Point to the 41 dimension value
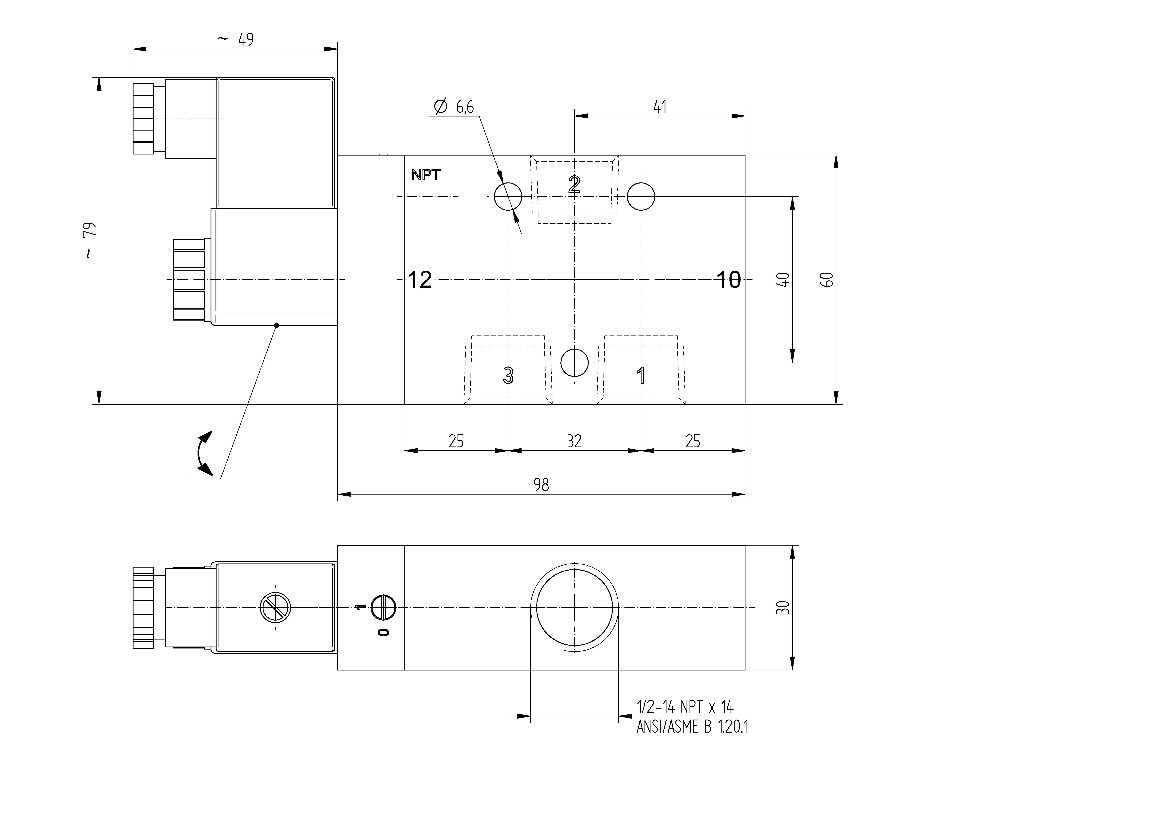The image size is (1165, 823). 660,107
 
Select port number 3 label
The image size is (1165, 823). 508,375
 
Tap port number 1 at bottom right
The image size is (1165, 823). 641,375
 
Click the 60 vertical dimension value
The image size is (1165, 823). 827,280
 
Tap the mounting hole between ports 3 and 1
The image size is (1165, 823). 574,363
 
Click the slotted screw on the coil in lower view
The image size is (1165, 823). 275,607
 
